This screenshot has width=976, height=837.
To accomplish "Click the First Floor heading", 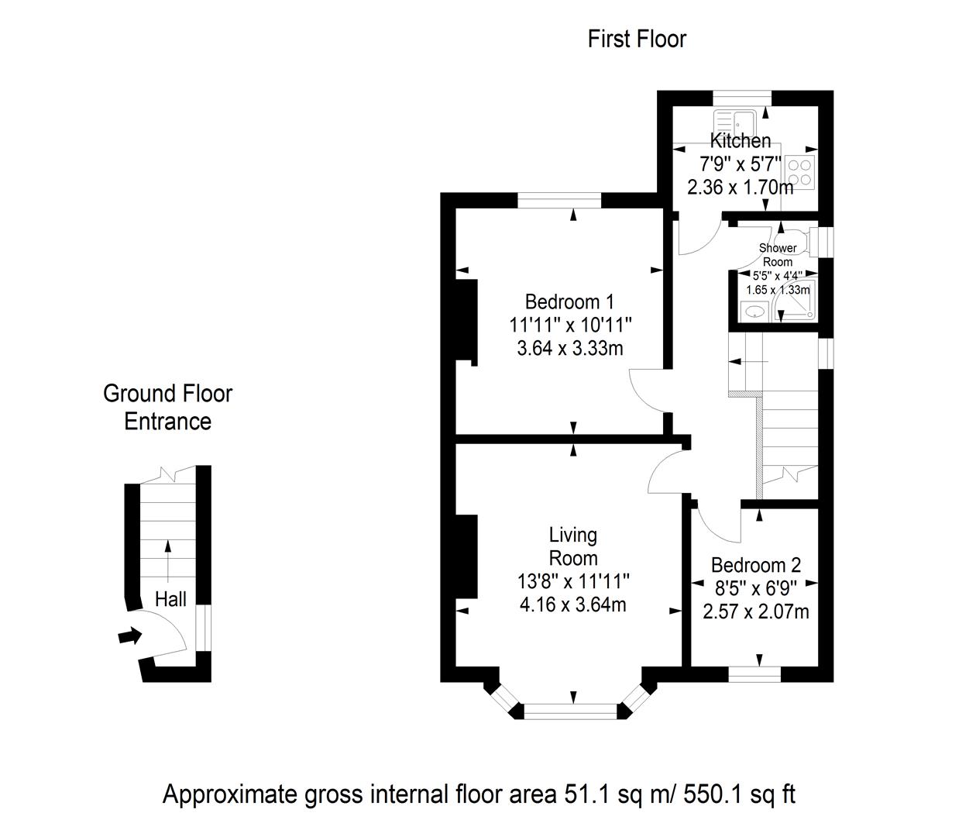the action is (x=637, y=39).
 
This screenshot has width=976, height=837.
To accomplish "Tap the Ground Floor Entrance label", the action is (x=167, y=407).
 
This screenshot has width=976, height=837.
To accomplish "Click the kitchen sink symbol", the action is (x=735, y=122).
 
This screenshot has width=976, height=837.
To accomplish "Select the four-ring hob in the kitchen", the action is (x=800, y=172).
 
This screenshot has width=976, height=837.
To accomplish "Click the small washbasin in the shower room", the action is (x=754, y=312).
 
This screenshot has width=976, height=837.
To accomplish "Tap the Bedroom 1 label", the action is (x=569, y=301).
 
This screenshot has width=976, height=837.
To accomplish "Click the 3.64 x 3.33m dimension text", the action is (x=570, y=349).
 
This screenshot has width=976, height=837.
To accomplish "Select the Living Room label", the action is (x=573, y=546).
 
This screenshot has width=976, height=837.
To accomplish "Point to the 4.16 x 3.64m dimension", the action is (x=572, y=604).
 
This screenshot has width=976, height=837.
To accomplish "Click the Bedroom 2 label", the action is (x=756, y=565).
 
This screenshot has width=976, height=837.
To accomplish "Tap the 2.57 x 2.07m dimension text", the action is (x=755, y=611).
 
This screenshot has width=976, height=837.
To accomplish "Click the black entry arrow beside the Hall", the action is (x=130, y=635).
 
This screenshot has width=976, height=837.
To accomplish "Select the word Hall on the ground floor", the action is (x=170, y=599).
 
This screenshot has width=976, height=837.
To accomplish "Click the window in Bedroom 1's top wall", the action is (x=559, y=201).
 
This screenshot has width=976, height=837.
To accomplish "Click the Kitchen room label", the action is (x=741, y=141).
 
